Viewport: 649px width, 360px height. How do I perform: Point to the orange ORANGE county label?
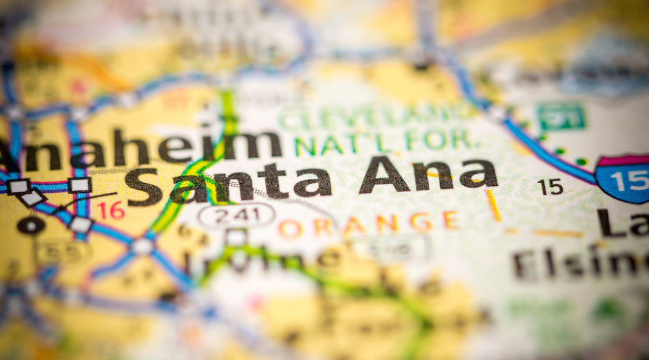tap(369, 224)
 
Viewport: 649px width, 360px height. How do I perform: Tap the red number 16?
tap(111, 210)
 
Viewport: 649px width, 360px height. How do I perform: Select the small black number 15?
tap(550, 186)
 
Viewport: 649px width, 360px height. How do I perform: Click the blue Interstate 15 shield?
tap(625, 178)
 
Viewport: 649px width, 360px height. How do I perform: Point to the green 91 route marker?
tap(561, 117)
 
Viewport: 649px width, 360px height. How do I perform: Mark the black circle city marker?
tap(30, 225)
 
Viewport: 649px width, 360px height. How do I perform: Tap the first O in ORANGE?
tap(290, 227)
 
